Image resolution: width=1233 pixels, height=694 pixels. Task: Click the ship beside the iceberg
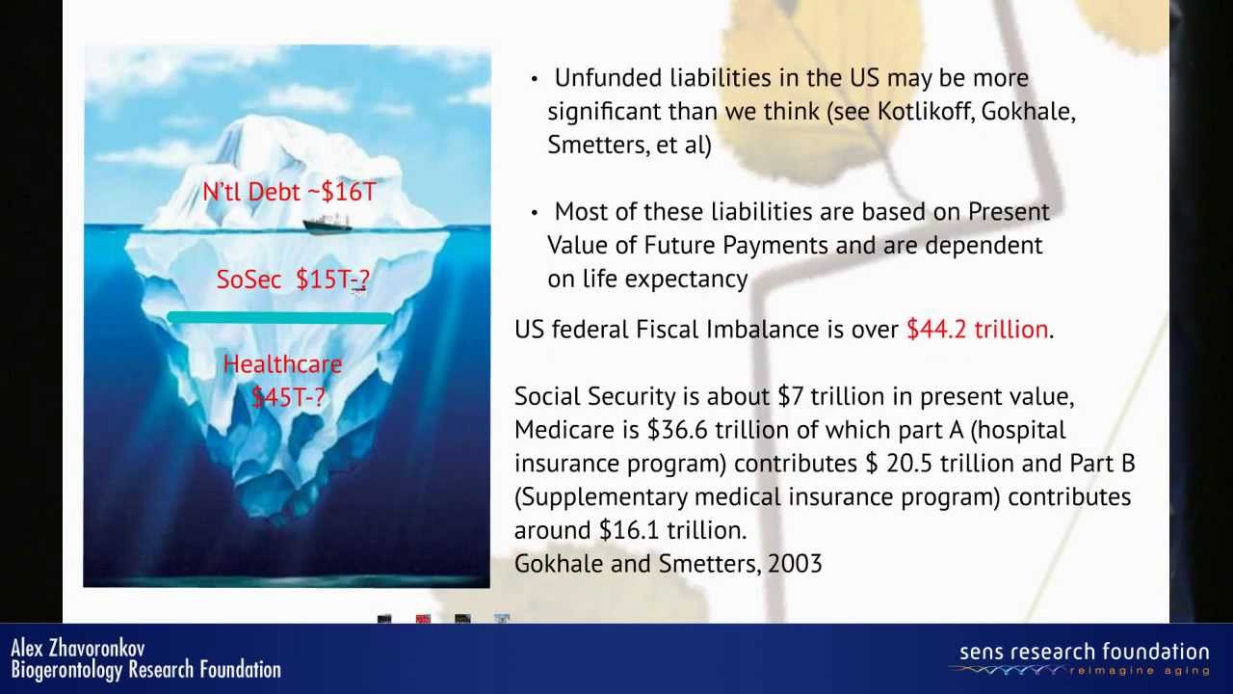point(328,225)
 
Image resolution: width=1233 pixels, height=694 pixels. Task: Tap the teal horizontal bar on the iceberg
point(279,318)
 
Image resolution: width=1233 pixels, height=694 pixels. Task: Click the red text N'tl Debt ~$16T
point(289,192)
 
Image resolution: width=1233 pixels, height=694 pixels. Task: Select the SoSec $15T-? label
point(293,280)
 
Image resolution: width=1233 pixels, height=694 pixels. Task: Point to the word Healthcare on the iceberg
point(282,364)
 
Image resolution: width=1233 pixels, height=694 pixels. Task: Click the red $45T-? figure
point(288,397)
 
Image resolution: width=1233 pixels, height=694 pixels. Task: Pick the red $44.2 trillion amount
point(977,330)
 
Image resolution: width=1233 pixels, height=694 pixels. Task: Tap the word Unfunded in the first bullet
point(608,78)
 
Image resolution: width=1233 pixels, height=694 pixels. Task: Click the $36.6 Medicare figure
point(677,430)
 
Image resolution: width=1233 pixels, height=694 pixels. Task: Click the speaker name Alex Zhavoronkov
point(78,649)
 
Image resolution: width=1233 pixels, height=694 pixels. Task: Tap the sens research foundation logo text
point(1084,653)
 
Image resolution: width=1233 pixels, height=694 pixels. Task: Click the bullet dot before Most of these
point(534,213)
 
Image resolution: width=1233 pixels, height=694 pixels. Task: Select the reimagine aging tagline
point(1139,671)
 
